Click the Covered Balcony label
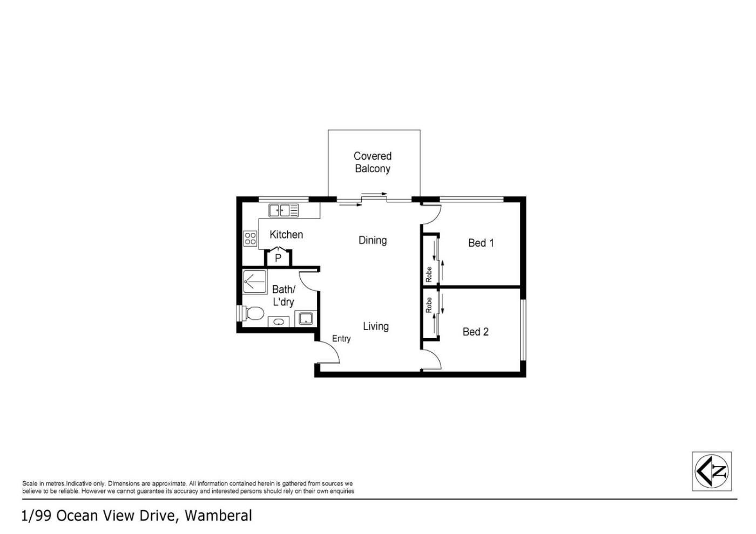click(373, 162)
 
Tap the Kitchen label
click(286, 235)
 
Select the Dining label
click(373, 241)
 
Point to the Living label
click(376, 326)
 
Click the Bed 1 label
click(481, 243)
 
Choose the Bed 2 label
click(476, 332)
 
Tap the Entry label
click(341, 339)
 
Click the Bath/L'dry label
click(283, 296)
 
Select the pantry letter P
click(278, 258)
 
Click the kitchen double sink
click(283, 211)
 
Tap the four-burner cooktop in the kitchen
click(251, 238)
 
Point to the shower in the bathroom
click(255, 282)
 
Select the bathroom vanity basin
click(279, 322)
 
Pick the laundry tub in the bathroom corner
click(306, 319)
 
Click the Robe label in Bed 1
click(429, 275)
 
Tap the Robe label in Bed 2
click(429, 305)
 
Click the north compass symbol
click(712, 471)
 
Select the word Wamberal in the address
click(218, 516)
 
